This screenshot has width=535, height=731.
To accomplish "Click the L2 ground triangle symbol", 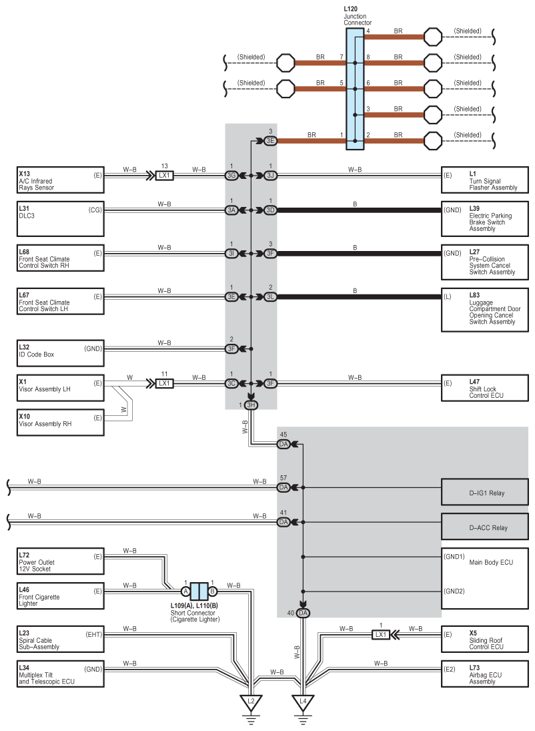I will (x=251, y=703).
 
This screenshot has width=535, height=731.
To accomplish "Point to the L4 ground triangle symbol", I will (x=303, y=703).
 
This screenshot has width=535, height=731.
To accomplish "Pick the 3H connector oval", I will (x=251, y=405).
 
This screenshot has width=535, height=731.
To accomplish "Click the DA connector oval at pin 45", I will (x=284, y=444).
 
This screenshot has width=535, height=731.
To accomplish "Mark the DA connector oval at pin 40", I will (x=303, y=613).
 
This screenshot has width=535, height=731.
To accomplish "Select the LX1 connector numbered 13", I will (x=165, y=176).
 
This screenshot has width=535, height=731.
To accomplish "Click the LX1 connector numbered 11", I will (x=165, y=383).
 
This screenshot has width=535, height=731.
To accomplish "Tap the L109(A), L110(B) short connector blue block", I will (x=199, y=591).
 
